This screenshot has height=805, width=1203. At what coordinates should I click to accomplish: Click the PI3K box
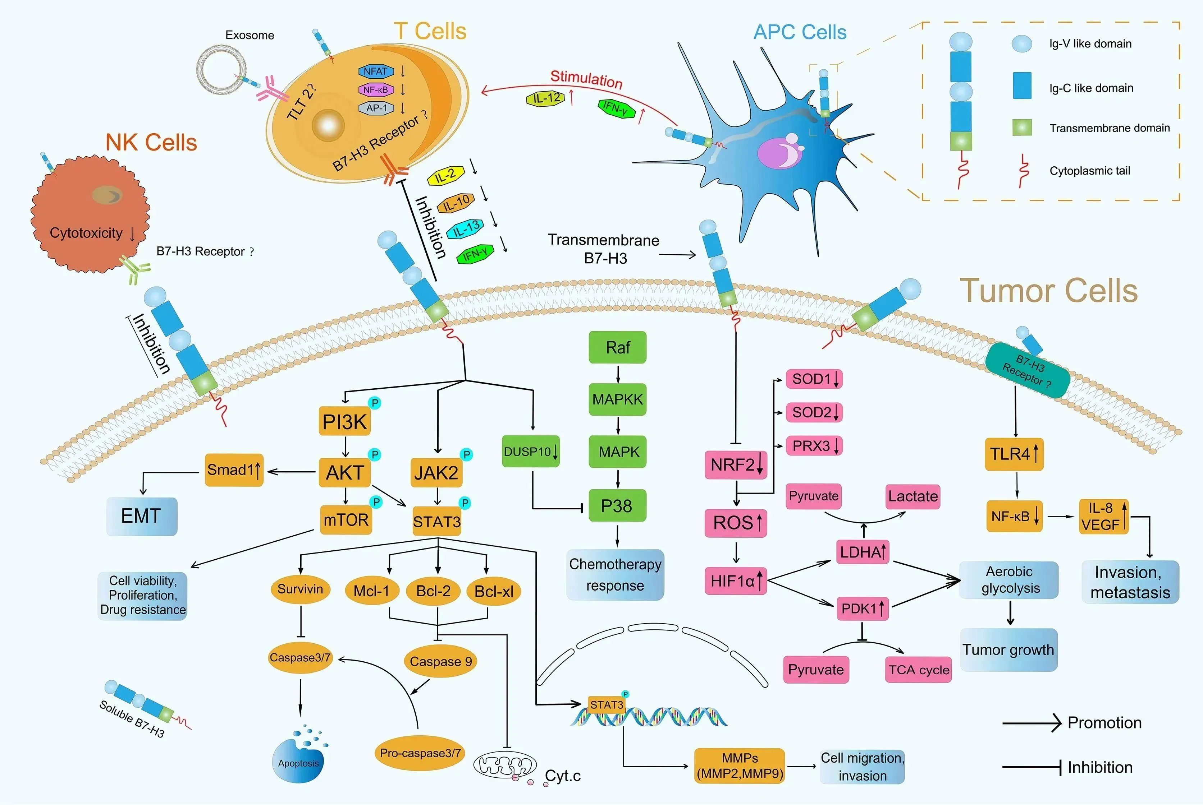(344, 421)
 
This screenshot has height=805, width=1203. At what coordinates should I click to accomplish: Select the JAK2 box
(436, 472)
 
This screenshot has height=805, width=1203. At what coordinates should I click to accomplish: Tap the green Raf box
(617, 348)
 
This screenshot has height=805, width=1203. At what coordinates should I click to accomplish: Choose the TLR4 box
(1014, 454)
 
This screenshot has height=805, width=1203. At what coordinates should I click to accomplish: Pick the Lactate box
(912, 496)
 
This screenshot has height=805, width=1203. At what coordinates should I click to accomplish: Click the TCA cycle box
(919, 670)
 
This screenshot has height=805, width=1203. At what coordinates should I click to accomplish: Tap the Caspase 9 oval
(440, 661)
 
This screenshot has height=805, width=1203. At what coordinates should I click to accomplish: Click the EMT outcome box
(141, 516)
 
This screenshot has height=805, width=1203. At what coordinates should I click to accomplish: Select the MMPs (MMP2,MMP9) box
(740, 765)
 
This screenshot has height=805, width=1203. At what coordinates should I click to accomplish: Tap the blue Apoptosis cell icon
(298, 762)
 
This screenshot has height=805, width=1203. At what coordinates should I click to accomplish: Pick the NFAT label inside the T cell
(376, 71)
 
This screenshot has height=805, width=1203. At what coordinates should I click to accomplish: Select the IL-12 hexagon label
(546, 98)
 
